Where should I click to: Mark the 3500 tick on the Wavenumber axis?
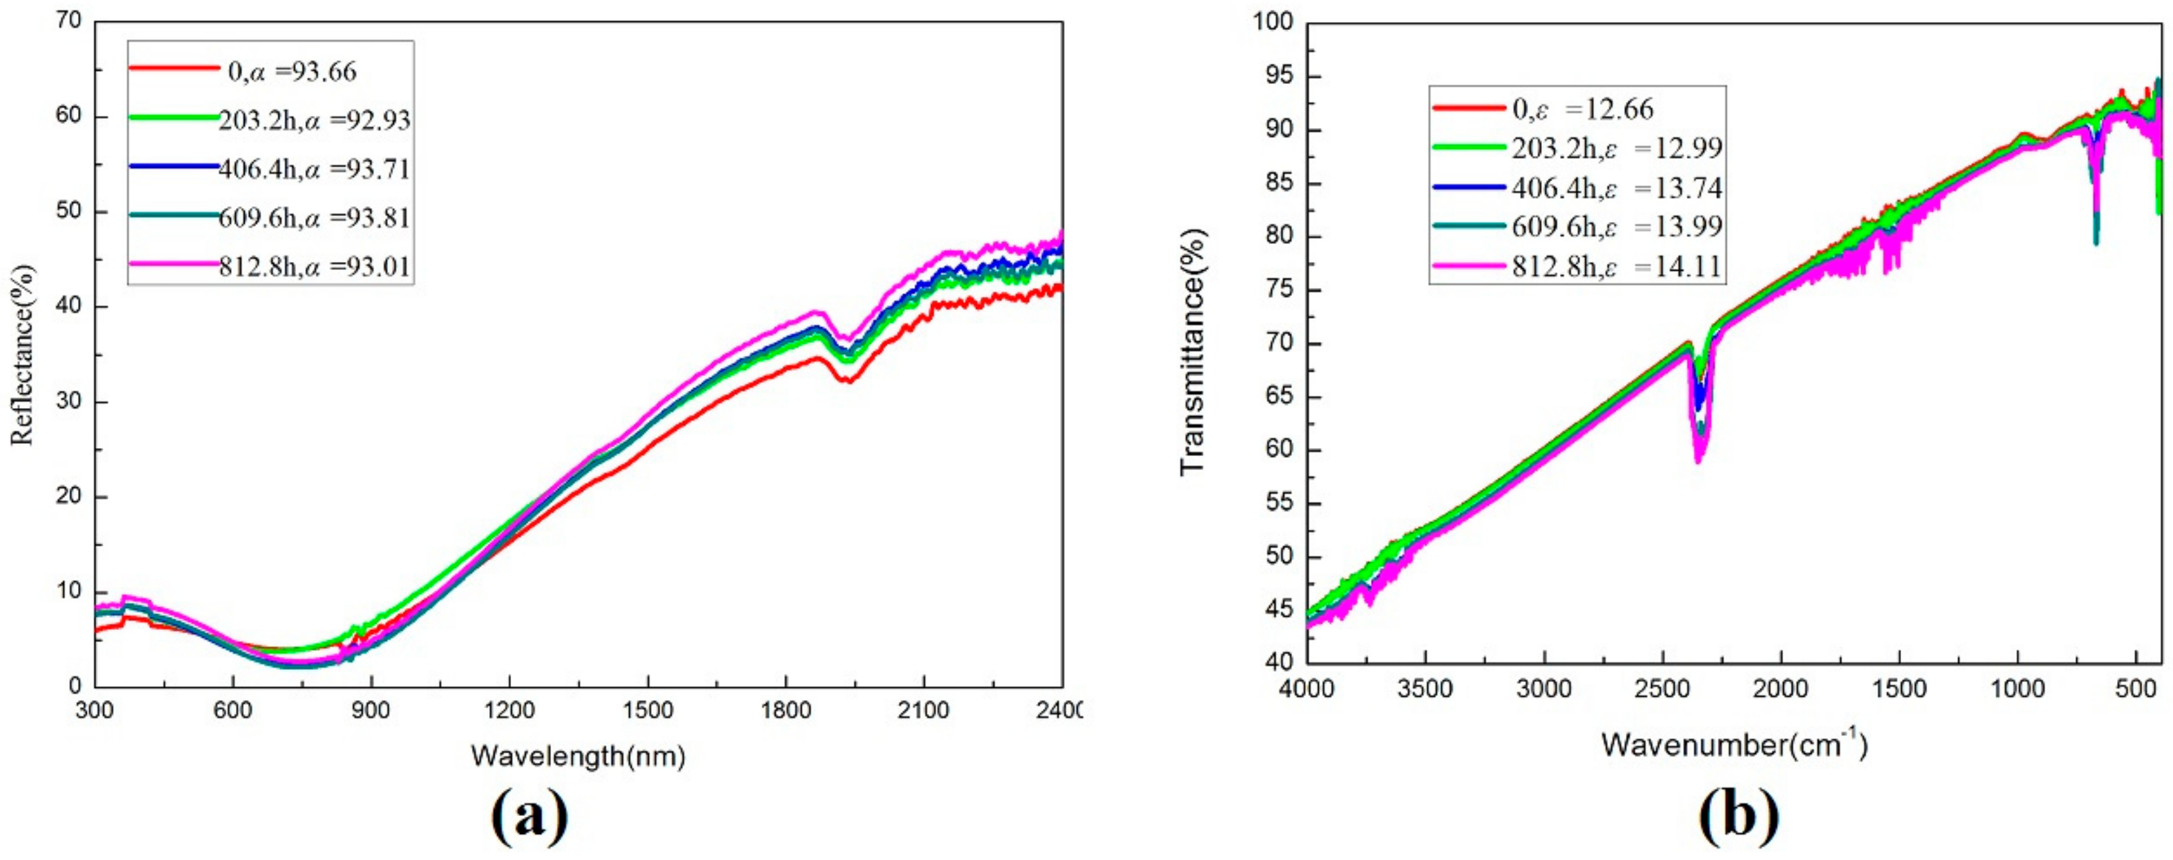point(1425,689)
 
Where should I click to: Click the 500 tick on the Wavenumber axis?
point(2135,689)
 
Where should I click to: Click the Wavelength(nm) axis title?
point(578,755)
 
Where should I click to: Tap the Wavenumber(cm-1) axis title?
point(1733,745)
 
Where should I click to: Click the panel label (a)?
point(529,819)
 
